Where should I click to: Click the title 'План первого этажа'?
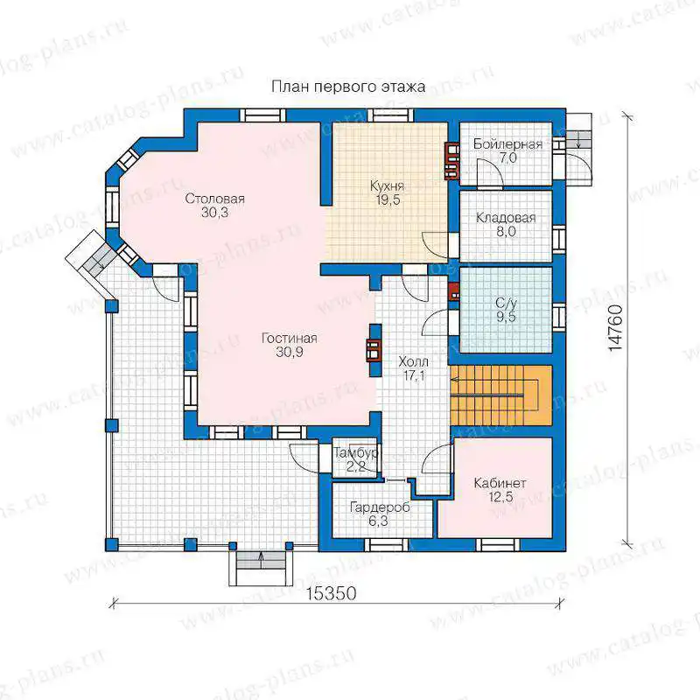348,86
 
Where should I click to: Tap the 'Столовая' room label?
214,199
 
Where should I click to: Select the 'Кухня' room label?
387,186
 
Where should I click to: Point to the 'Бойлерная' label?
507,144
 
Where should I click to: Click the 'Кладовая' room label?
506,218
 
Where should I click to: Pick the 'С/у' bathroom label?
506,304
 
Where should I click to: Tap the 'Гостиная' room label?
290,339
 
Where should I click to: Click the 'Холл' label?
413,361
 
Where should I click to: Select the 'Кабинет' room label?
500,483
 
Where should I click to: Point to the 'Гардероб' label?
380,507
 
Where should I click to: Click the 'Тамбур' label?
356,453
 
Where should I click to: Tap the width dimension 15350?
332,593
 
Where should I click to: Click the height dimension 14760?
616,327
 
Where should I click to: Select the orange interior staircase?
501,395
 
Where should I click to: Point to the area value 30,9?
290,353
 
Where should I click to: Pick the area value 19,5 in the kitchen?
388,200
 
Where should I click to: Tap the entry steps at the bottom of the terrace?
261,568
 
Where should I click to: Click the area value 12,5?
500,497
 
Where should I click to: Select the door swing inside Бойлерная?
490,171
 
